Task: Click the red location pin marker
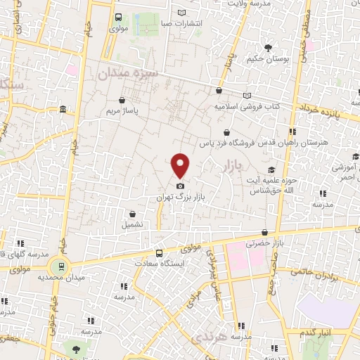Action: click(181, 165)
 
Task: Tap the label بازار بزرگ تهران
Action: click(181, 199)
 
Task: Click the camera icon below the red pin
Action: click(181, 185)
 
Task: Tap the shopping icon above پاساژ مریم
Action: click(123, 100)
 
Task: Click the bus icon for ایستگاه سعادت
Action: click(159, 252)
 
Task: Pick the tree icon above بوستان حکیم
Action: click(268, 48)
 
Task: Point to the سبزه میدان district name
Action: click(123, 73)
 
